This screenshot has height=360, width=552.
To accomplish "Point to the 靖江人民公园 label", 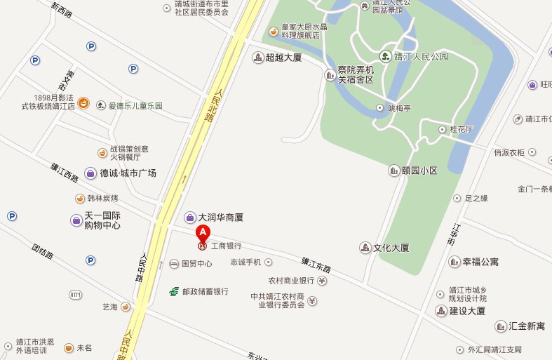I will (421, 56).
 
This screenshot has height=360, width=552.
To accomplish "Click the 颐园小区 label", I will (418, 171).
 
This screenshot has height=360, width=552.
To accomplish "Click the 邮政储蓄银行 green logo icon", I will (173, 291).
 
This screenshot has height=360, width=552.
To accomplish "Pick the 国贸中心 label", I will (196, 264).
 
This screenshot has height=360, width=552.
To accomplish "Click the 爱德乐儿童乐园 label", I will (135, 106).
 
